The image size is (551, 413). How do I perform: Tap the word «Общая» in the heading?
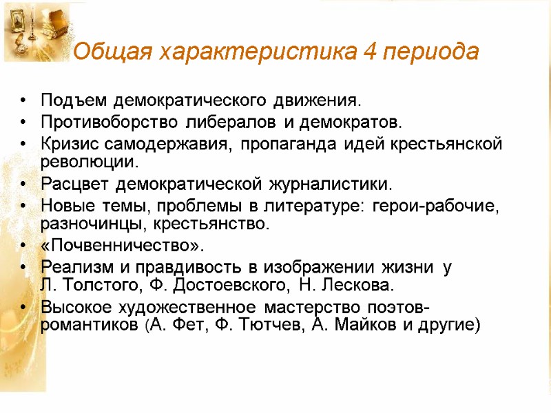[x=112, y=52]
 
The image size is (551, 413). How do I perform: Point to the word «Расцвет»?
[x=76, y=185]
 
